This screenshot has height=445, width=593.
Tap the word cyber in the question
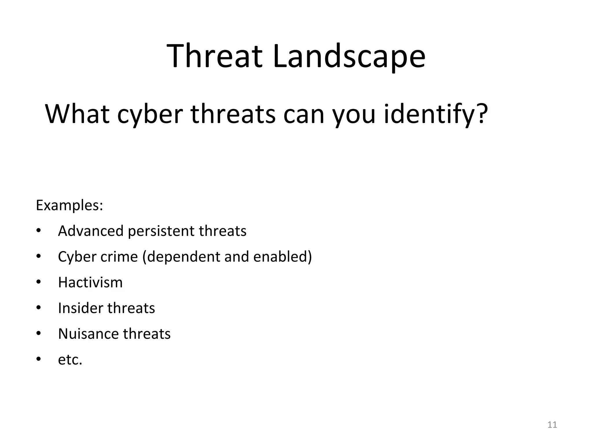(150, 114)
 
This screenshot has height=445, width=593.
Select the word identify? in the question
(436, 114)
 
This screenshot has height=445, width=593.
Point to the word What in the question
(77, 114)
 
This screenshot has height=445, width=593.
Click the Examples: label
(69, 206)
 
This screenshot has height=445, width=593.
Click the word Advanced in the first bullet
(91, 231)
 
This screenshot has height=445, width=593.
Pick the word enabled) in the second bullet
(282, 257)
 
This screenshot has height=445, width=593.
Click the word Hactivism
(90, 282)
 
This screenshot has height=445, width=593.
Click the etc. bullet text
(70, 360)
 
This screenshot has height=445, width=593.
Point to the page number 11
(552, 425)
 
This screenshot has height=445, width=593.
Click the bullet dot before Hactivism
(39, 282)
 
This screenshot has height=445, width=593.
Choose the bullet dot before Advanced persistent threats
(39, 231)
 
